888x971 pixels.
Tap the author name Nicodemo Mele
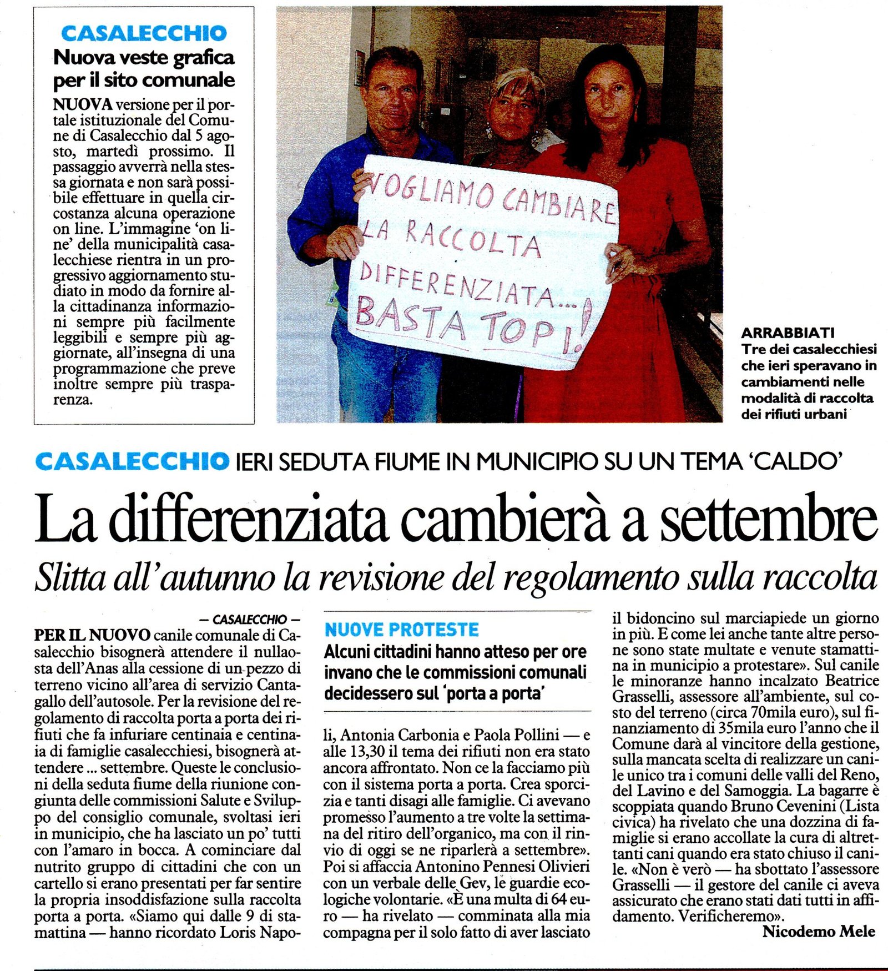pos(819,932)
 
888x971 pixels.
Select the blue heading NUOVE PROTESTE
pos(401,630)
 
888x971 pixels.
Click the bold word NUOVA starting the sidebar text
pos(83,104)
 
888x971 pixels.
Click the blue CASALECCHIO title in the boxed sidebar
pos(144,33)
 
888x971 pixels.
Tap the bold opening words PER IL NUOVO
pos(92,635)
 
